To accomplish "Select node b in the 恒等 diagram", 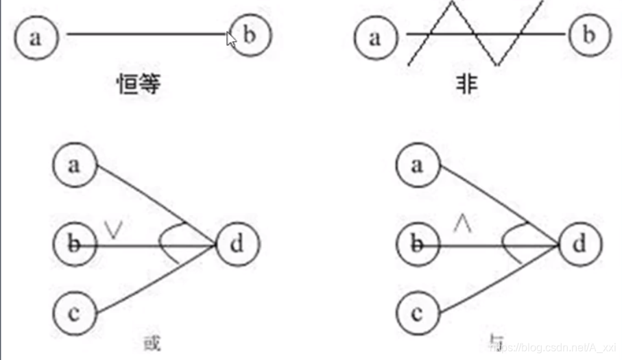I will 250,35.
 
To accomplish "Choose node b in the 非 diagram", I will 588,35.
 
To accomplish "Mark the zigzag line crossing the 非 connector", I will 474,33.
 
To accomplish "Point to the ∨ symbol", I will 115,229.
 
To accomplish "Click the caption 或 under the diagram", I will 152,342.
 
